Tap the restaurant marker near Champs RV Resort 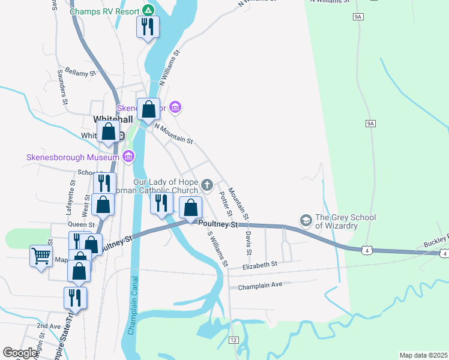(x=147, y=27)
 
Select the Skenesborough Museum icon (x=127, y=157)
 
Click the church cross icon (x=207, y=185)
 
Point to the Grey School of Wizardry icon (x=306, y=221)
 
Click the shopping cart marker (x=41, y=256)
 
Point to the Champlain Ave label (x=260, y=285)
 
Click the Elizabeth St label (x=260, y=264)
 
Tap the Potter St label (x=226, y=204)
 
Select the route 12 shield (x=234, y=340)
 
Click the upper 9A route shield (x=358, y=17)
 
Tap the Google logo (x=20, y=353)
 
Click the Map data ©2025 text (x=424, y=355)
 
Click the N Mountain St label (x=173, y=133)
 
